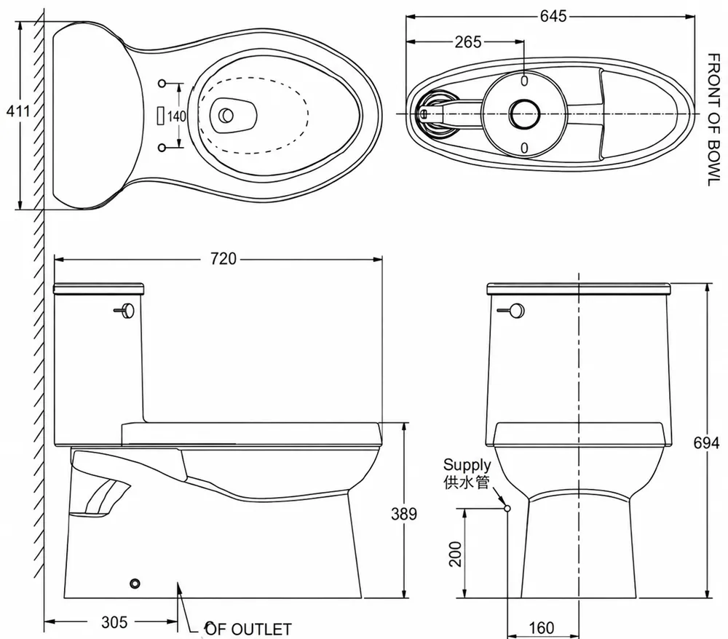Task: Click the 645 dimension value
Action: point(553,17)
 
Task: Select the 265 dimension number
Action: point(468,42)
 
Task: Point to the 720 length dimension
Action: point(223,258)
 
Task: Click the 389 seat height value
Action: point(404,514)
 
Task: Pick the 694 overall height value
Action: point(706,443)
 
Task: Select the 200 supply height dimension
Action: point(456,554)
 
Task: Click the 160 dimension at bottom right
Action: point(542,628)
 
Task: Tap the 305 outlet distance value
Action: point(114,622)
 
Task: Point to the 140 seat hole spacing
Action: point(176,116)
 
